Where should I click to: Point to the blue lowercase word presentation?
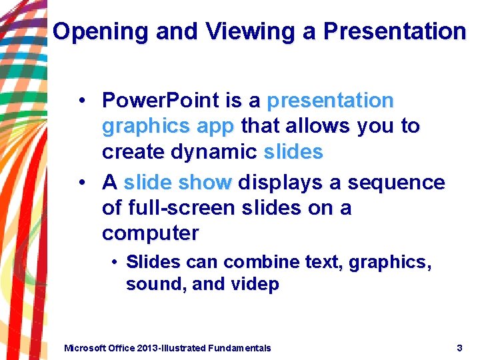[330, 101]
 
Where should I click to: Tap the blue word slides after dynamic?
[293, 152]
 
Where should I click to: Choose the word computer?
[150, 234]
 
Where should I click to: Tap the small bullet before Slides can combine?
[115, 263]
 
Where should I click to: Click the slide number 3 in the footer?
[459, 347]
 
